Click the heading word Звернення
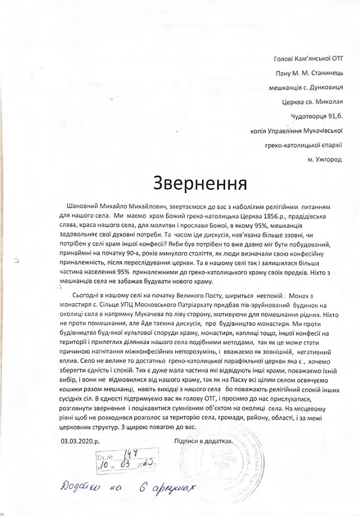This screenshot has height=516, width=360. (200, 183)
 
